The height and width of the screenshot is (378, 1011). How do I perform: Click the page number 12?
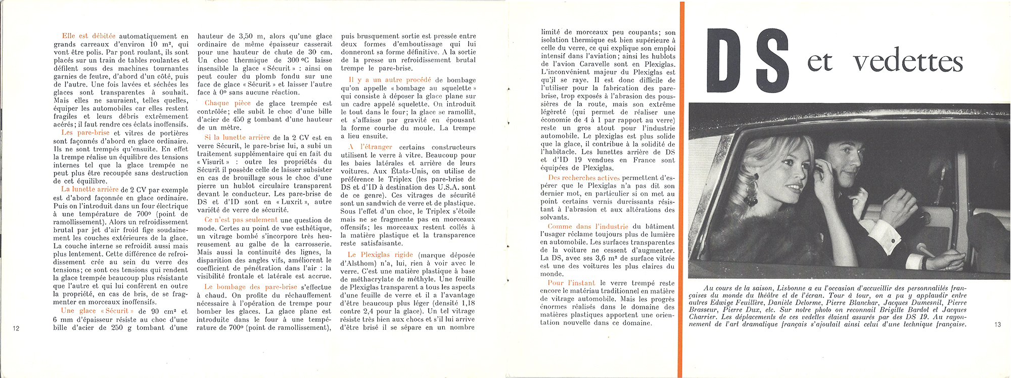point(16,328)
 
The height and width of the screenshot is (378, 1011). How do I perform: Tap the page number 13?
point(997,324)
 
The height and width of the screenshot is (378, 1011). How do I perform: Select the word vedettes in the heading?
point(908,63)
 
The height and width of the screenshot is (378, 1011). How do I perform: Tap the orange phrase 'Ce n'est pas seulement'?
point(241,220)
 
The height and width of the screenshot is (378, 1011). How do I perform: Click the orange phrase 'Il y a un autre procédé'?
point(390,80)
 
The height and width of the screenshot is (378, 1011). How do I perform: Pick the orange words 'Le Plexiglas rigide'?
point(380,255)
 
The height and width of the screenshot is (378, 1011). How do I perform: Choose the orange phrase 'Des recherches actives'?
point(583,178)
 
